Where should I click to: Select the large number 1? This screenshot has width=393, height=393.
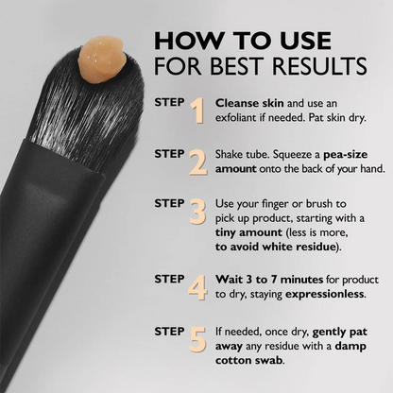click(196, 111)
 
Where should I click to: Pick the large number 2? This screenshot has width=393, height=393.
click(196, 162)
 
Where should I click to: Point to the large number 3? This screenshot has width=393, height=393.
click(196, 211)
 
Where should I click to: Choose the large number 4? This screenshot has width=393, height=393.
click(196, 286)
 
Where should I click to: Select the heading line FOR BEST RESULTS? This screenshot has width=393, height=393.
click(261, 69)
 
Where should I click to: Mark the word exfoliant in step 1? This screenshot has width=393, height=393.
click(244, 120)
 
